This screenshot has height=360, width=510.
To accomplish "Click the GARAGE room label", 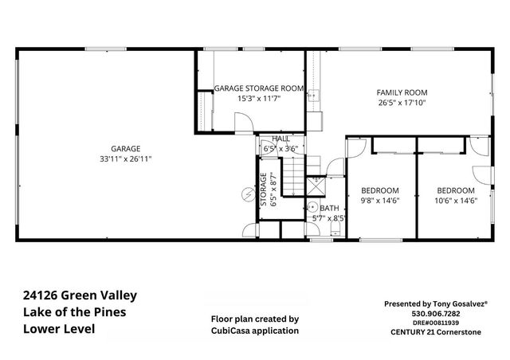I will (x=126, y=148).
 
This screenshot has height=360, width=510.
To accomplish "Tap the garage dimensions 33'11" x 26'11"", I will (x=126, y=158).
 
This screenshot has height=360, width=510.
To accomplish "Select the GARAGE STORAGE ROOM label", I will (x=259, y=88).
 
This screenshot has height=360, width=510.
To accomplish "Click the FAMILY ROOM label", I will (x=402, y=92).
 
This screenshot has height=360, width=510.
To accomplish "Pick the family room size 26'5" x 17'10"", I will (x=402, y=103).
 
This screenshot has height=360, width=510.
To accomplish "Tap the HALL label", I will (x=280, y=139).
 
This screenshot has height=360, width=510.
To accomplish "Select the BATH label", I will (x=329, y=208).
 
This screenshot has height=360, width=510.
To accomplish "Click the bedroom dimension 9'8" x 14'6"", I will (x=379, y=202).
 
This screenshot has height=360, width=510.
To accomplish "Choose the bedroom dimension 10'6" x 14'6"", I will (x=455, y=202).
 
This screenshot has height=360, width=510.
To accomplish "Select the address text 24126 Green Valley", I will (x=80, y=295).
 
